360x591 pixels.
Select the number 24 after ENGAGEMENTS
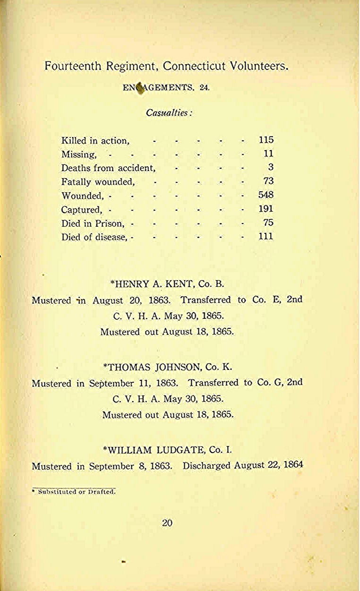point(205,87)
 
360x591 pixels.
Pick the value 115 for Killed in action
point(266,140)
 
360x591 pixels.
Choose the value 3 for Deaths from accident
point(271,167)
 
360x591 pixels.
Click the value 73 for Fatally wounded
point(268,181)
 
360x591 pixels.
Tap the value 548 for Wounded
point(266,195)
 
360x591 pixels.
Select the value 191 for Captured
point(266,209)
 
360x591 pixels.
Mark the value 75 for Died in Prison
point(268,223)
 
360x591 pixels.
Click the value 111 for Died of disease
point(266,236)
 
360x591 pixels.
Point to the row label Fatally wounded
point(98,181)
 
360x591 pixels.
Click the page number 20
point(167,522)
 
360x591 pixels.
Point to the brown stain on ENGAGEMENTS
point(139,88)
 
